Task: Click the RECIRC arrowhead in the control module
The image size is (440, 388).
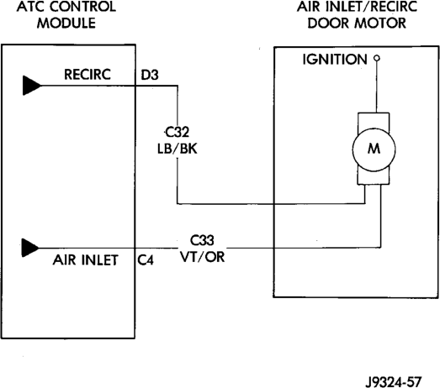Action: pos(31,86)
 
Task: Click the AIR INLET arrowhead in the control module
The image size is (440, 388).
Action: pos(30,248)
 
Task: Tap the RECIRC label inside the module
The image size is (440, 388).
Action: pos(87,75)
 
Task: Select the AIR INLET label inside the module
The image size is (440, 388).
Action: pos(85,260)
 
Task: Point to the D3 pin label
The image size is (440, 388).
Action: pos(150,75)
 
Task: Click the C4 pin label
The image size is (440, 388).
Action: pos(146,260)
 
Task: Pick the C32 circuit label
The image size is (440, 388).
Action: pos(178,132)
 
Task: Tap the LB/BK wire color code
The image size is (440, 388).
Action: pos(178,149)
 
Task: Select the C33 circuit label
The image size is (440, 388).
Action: pos(202,240)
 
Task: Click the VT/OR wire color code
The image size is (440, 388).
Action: pos(202,256)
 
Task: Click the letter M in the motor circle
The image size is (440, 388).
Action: pos(374,149)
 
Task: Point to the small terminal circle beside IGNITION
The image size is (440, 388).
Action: pos(377,58)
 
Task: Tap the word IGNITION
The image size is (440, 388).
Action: pos(335,60)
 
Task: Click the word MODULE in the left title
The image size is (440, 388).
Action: pos(66,23)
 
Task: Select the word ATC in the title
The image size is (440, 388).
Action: pos(29,7)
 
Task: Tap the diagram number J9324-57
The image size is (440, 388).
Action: pos(393,382)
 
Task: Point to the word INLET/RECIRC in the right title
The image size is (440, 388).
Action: pos(369,7)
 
